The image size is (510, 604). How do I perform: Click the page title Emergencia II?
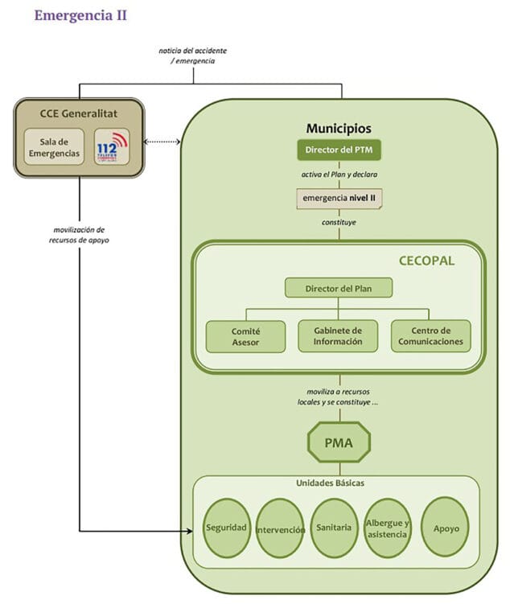[80, 15]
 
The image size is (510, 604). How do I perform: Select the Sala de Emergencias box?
[52, 147]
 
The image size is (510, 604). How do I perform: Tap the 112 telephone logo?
[111, 146]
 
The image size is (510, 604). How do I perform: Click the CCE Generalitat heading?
[79, 112]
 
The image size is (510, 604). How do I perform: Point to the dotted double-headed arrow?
[161, 142]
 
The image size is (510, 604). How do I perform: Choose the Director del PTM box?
[338, 150]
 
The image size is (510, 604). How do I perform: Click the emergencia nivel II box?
[338, 197]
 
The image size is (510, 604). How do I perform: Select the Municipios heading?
[338, 129]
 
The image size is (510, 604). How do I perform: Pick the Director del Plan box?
[338, 288]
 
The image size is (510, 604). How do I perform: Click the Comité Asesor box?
[245, 336]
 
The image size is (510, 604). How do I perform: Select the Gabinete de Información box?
[338, 336]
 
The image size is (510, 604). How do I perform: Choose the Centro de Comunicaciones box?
[430, 336]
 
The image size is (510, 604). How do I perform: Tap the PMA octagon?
[338, 442]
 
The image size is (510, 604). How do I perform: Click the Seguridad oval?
[226, 528]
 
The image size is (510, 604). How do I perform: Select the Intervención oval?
[281, 529]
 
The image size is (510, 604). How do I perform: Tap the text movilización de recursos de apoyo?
[79, 235]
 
